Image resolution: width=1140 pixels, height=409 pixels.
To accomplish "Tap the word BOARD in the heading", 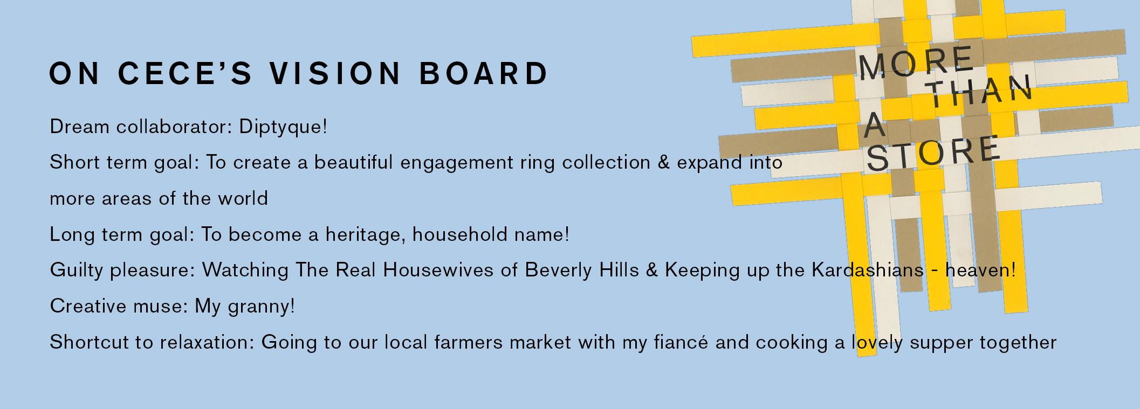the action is click(484, 73).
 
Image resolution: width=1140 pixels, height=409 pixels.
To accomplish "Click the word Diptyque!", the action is click(283, 128).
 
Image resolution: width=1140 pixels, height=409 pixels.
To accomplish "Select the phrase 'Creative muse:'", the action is click(119, 306).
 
